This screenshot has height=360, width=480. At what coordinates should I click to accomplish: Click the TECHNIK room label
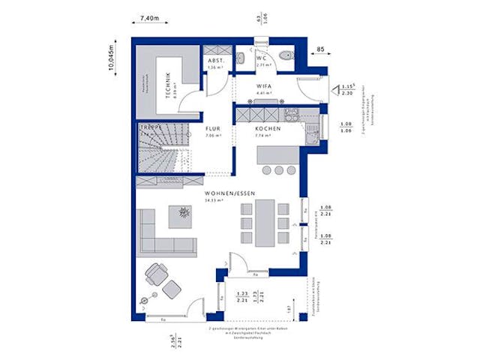(x=169, y=85)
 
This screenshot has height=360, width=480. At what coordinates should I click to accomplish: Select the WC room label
(x=262, y=57)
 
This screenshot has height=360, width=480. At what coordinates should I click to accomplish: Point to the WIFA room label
(x=263, y=86)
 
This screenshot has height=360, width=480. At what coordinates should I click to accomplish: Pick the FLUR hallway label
(x=215, y=128)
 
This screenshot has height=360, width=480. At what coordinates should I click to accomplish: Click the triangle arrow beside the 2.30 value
(x=337, y=86)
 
